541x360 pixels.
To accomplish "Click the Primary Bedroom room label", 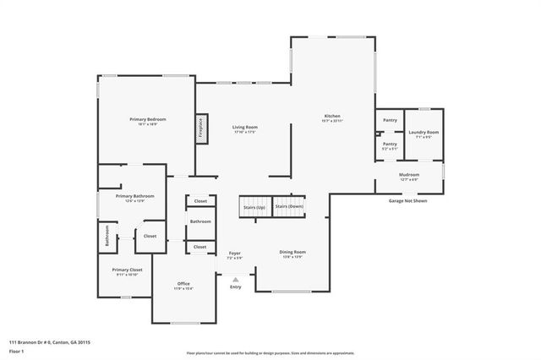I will click(148, 120).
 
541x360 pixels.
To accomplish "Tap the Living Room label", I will click(244, 128).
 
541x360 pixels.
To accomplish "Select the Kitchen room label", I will click(332, 116).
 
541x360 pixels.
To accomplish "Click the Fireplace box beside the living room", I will click(201, 127).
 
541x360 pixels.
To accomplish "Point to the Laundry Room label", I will click(423, 133).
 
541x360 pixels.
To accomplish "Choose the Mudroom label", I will click(409, 176).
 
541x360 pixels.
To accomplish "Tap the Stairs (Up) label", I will click(254, 207).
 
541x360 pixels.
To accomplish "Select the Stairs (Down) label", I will click(289, 206).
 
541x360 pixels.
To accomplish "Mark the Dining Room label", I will click(292, 252).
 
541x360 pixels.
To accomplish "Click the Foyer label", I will click(235, 253).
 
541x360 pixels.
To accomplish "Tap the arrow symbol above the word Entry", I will click(236, 278).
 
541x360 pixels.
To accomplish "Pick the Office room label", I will click(183, 283).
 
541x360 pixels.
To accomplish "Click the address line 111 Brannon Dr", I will click(50, 342).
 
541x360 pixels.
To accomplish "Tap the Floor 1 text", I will click(18, 351).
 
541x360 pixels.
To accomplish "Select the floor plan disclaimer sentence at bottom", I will click(270, 353).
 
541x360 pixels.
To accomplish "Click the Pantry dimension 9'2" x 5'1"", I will click(390, 149).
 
